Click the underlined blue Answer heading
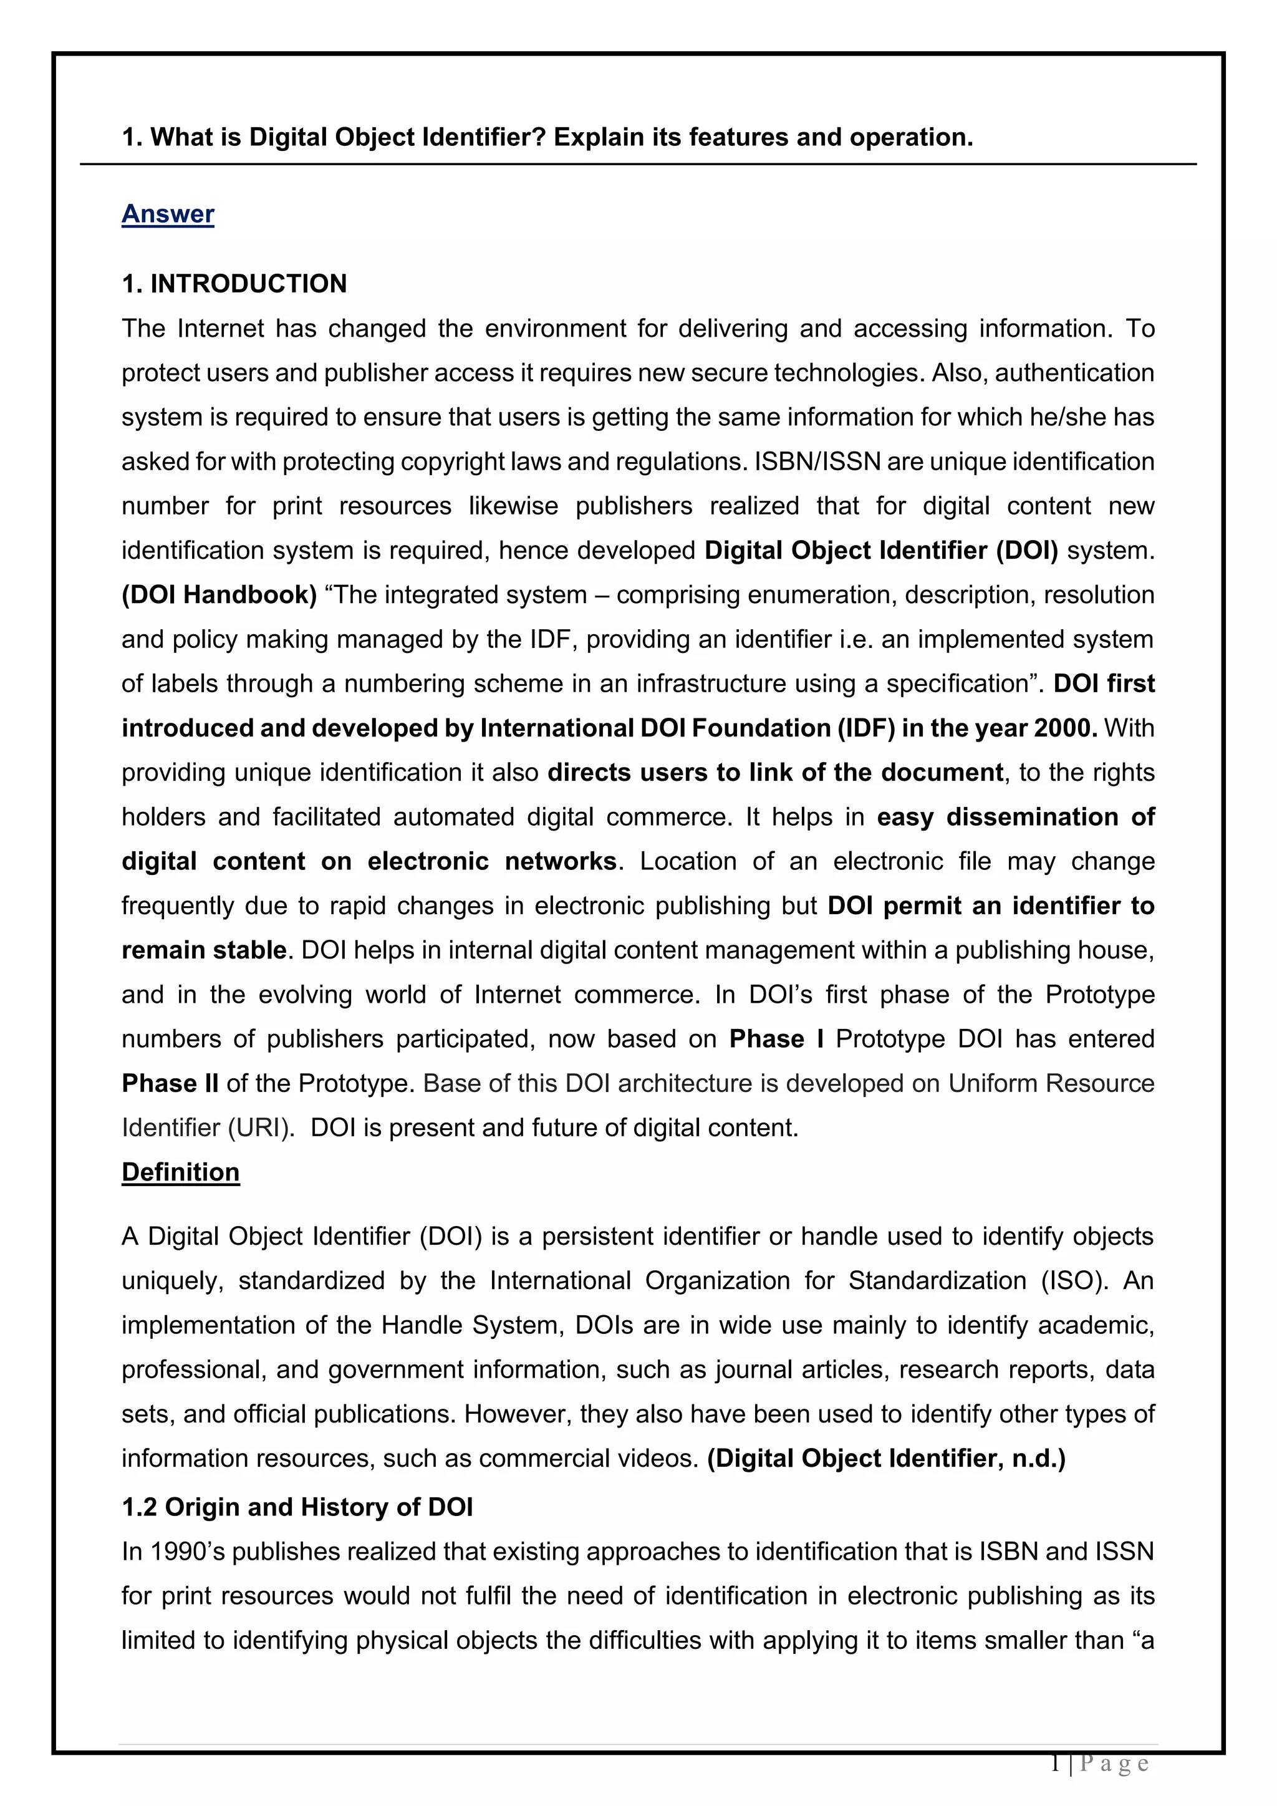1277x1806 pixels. click(168, 214)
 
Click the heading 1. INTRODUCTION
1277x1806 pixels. click(234, 284)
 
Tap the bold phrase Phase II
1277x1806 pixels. click(170, 1084)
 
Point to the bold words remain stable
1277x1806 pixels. click(203, 950)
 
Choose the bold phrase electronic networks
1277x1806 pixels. click(491, 861)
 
